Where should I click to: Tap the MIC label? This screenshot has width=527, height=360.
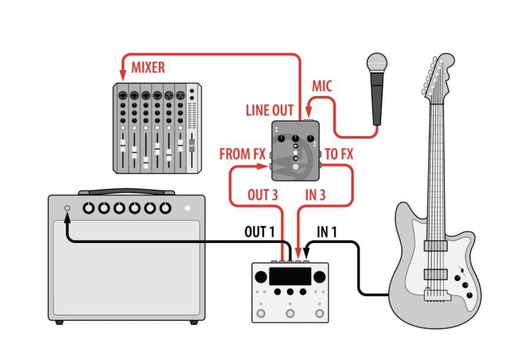point(322,86)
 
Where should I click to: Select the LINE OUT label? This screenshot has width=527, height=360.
point(269,111)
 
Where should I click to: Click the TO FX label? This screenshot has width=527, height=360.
point(339,155)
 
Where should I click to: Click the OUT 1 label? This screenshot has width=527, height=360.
point(259,232)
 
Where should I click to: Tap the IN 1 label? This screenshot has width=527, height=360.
point(327,232)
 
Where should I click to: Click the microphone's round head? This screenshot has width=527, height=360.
point(376,62)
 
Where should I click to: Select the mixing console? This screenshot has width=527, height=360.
point(158,128)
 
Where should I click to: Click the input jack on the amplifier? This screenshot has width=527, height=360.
point(66,208)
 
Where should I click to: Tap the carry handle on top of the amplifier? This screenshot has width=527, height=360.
point(126,192)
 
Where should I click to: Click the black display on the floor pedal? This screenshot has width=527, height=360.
point(289,276)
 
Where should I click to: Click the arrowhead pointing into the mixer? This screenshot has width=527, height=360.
point(123,76)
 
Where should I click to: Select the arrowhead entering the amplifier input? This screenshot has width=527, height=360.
point(67,217)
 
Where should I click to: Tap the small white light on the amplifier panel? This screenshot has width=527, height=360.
point(188,208)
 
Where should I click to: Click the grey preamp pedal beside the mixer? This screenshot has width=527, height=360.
point(295,151)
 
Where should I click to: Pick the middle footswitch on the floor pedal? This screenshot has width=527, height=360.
point(289,312)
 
